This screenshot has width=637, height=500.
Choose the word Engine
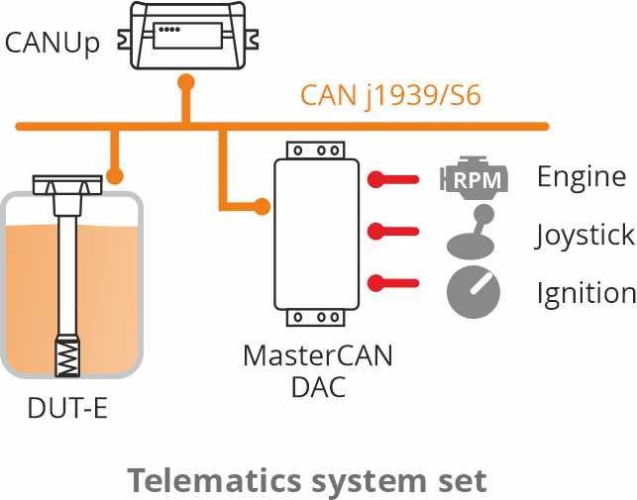582,177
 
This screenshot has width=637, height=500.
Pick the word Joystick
584,236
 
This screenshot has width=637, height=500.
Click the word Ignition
585,293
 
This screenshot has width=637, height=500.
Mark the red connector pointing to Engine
396,179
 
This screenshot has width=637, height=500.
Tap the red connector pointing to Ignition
396,284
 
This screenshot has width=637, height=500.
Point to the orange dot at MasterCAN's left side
262,207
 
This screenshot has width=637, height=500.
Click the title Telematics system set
307,480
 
